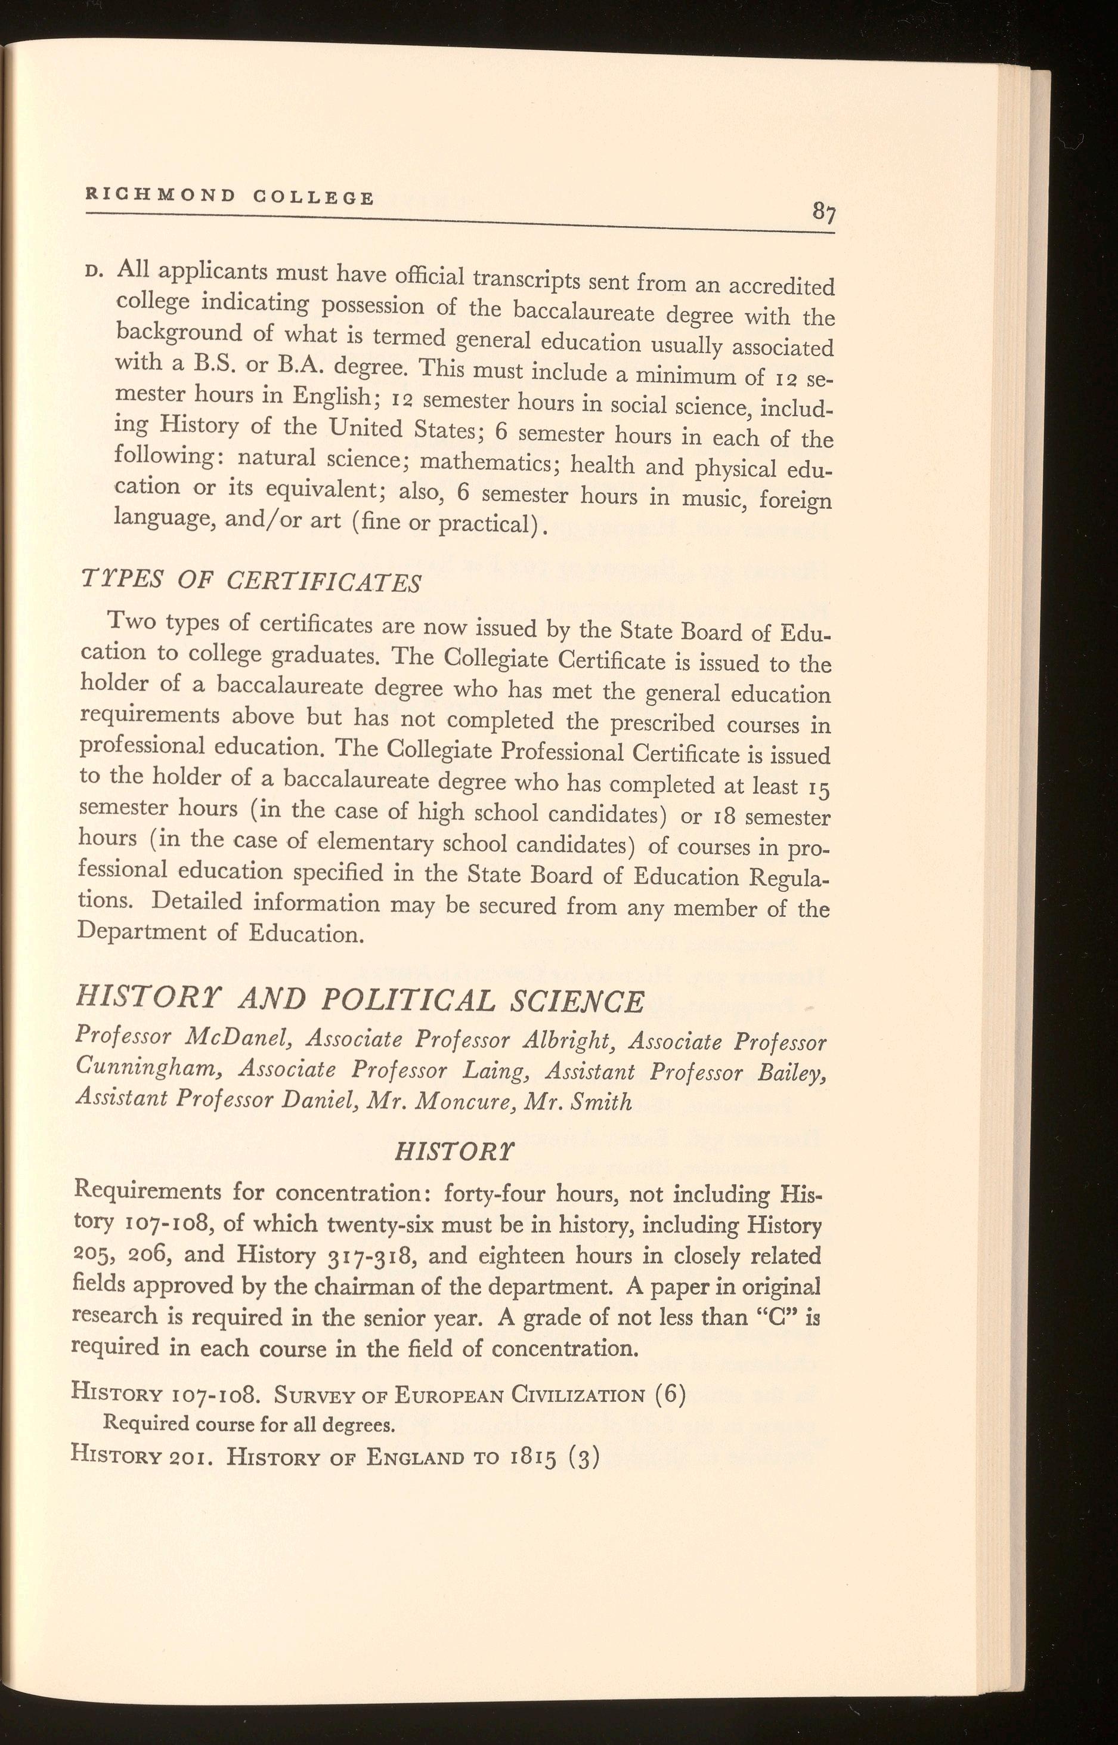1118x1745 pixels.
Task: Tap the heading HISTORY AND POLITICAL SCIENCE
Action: (360, 1002)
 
